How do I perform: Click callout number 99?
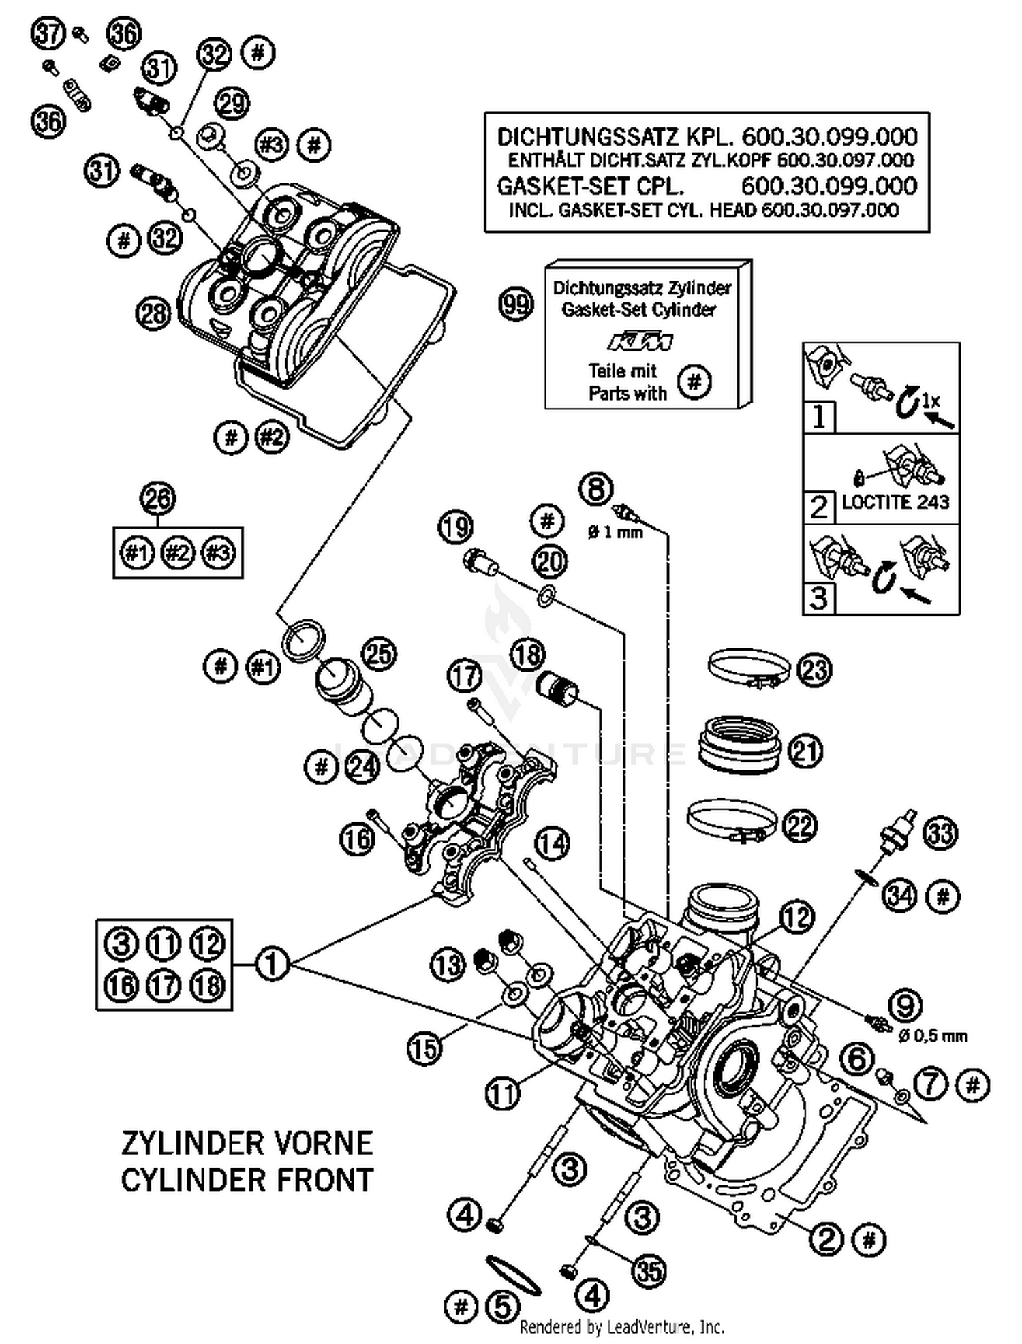pos(516,304)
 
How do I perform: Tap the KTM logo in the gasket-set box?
pos(640,341)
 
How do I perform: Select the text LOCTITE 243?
pos(895,502)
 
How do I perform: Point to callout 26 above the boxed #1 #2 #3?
pos(158,498)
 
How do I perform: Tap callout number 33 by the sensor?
pos(940,833)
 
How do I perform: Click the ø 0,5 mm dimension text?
pos(933,1036)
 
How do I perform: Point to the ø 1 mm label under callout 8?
pos(615,532)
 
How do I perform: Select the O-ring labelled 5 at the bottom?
pos(514,1275)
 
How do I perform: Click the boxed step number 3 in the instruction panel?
pos(819,598)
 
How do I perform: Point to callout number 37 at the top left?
pos(49,34)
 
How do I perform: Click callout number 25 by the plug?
pos(379,654)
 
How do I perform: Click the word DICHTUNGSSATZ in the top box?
pos(587,138)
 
